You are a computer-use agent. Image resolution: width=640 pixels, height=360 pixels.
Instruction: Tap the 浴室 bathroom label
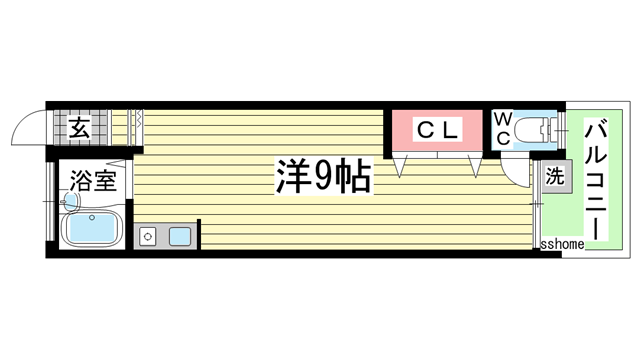coord(92,182)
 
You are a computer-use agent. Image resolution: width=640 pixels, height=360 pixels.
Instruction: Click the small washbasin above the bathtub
coord(68,201)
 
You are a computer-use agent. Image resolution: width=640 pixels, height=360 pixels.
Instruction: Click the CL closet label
coord(437,129)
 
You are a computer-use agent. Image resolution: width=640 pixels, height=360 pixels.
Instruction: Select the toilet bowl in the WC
coord(541,129)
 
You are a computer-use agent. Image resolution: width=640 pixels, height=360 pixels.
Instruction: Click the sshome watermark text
coord(562,244)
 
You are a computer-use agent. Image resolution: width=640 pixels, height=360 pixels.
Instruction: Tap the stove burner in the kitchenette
coord(148,237)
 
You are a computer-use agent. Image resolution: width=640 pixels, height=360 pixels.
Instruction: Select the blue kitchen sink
coord(180,237)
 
